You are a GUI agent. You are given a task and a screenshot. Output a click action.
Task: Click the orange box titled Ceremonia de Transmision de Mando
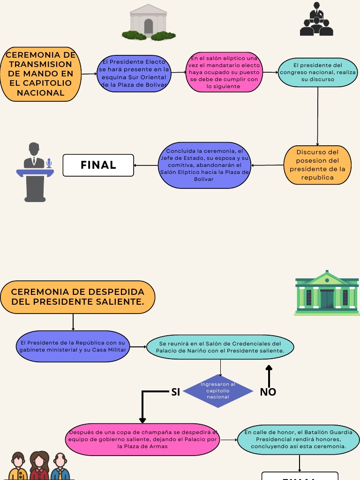tap(41, 74)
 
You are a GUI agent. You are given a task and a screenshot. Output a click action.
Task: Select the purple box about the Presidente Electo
tap(135, 74)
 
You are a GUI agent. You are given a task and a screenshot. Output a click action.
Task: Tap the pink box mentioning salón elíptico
tap(224, 73)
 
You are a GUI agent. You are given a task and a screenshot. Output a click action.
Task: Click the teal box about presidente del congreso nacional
tap(318, 73)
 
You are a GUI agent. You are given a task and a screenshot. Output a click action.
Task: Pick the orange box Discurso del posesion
tap(317, 165)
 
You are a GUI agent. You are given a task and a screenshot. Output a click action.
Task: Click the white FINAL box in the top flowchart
tap(98, 165)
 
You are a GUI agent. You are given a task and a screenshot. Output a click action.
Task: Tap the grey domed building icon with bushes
tap(149, 22)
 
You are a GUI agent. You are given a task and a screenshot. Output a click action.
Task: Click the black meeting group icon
tap(316, 20)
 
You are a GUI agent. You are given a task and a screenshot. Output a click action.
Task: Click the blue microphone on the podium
tap(49, 163)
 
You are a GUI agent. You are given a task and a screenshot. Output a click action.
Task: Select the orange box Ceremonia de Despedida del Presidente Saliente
tap(78, 297)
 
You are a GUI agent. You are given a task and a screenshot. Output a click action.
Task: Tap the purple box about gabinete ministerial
tap(73, 347)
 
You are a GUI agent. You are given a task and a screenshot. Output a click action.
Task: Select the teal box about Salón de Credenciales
tap(220, 347)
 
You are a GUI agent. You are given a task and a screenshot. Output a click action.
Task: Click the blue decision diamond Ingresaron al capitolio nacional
tap(218, 391)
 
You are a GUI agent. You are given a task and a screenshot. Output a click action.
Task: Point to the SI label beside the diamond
tap(176, 392)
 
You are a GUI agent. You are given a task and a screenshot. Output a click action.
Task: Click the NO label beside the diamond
tap(268, 392)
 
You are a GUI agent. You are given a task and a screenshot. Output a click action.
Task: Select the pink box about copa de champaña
tap(142, 440)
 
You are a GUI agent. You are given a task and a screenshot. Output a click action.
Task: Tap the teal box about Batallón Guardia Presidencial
tap(298, 440)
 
